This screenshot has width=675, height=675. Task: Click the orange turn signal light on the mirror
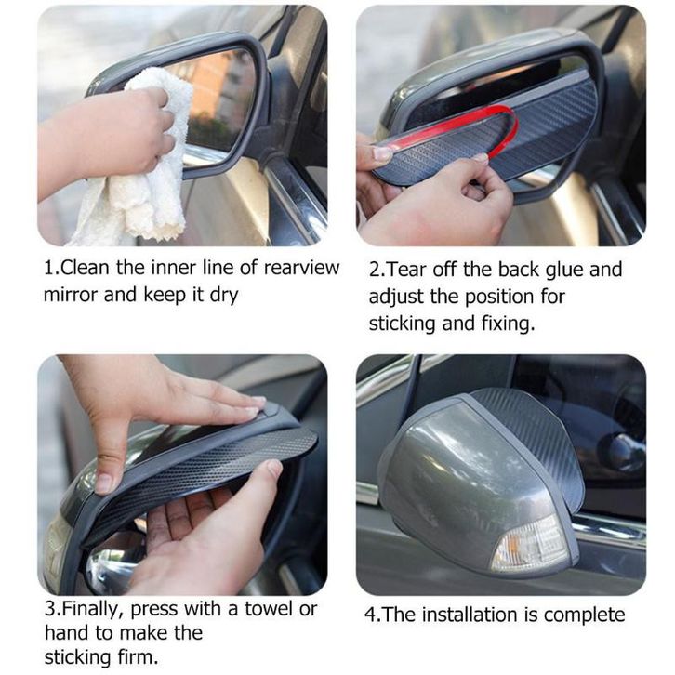pos(532,545)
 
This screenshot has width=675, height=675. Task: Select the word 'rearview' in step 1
pos(301,268)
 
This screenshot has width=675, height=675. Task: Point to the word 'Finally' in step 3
pos(91,610)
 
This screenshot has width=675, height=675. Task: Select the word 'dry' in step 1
pos(224,297)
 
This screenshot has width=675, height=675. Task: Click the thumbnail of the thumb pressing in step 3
pos(103,483)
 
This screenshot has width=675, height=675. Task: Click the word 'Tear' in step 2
pos(407,271)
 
